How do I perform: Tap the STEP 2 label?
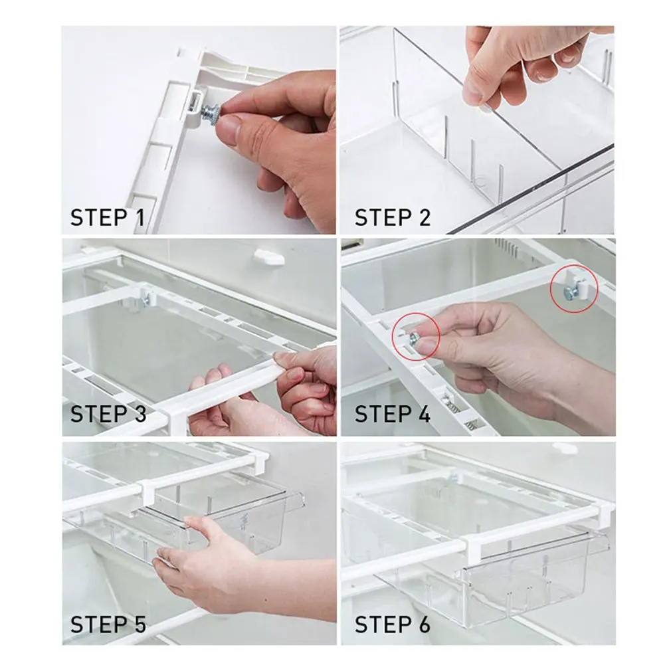[392, 217]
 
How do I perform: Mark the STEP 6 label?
[392, 624]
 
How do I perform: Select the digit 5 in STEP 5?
[138, 624]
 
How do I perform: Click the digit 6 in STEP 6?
[423, 624]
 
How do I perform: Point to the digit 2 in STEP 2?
[423, 217]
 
